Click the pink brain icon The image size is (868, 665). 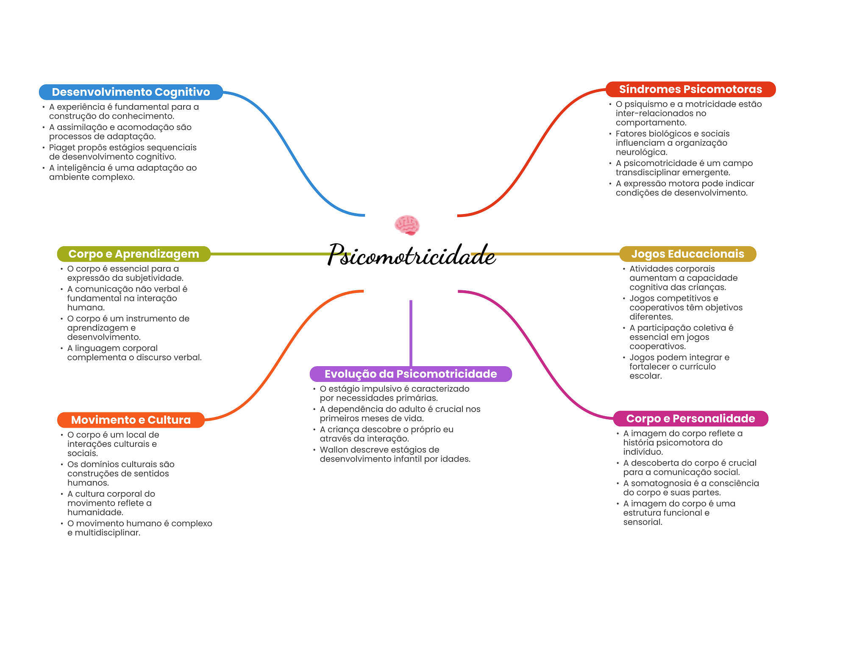point(407,225)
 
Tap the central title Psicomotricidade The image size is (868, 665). point(411,255)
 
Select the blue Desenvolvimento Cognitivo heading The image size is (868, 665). point(131,92)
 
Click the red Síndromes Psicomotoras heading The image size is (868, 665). point(690,89)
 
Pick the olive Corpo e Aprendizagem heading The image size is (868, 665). point(134,254)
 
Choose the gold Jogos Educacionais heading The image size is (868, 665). point(687,254)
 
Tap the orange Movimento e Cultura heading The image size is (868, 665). point(131,420)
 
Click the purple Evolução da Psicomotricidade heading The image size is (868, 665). point(410,374)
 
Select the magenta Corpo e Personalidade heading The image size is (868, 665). point(690,418)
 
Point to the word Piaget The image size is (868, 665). point(62,147)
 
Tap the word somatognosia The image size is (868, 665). point(661,483)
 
